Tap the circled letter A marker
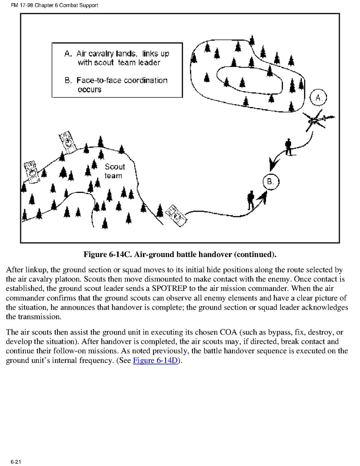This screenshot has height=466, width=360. (318, 98)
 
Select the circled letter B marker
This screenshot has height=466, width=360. (271, 181)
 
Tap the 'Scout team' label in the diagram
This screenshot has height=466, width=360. (114, 171)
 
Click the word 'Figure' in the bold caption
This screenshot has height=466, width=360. (95, 255)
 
